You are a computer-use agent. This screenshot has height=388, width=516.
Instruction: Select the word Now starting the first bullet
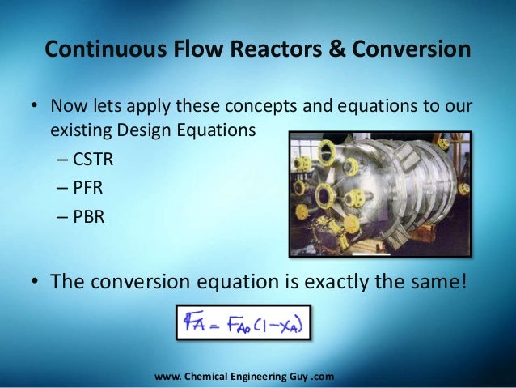pyautogui.click(x=70, y=108)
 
